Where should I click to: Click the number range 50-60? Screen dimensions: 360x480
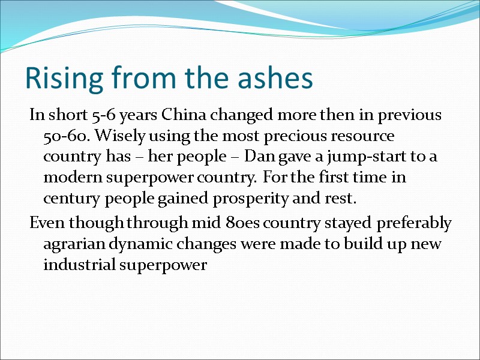click(62, 136)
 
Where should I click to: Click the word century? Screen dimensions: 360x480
click(68, 199)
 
